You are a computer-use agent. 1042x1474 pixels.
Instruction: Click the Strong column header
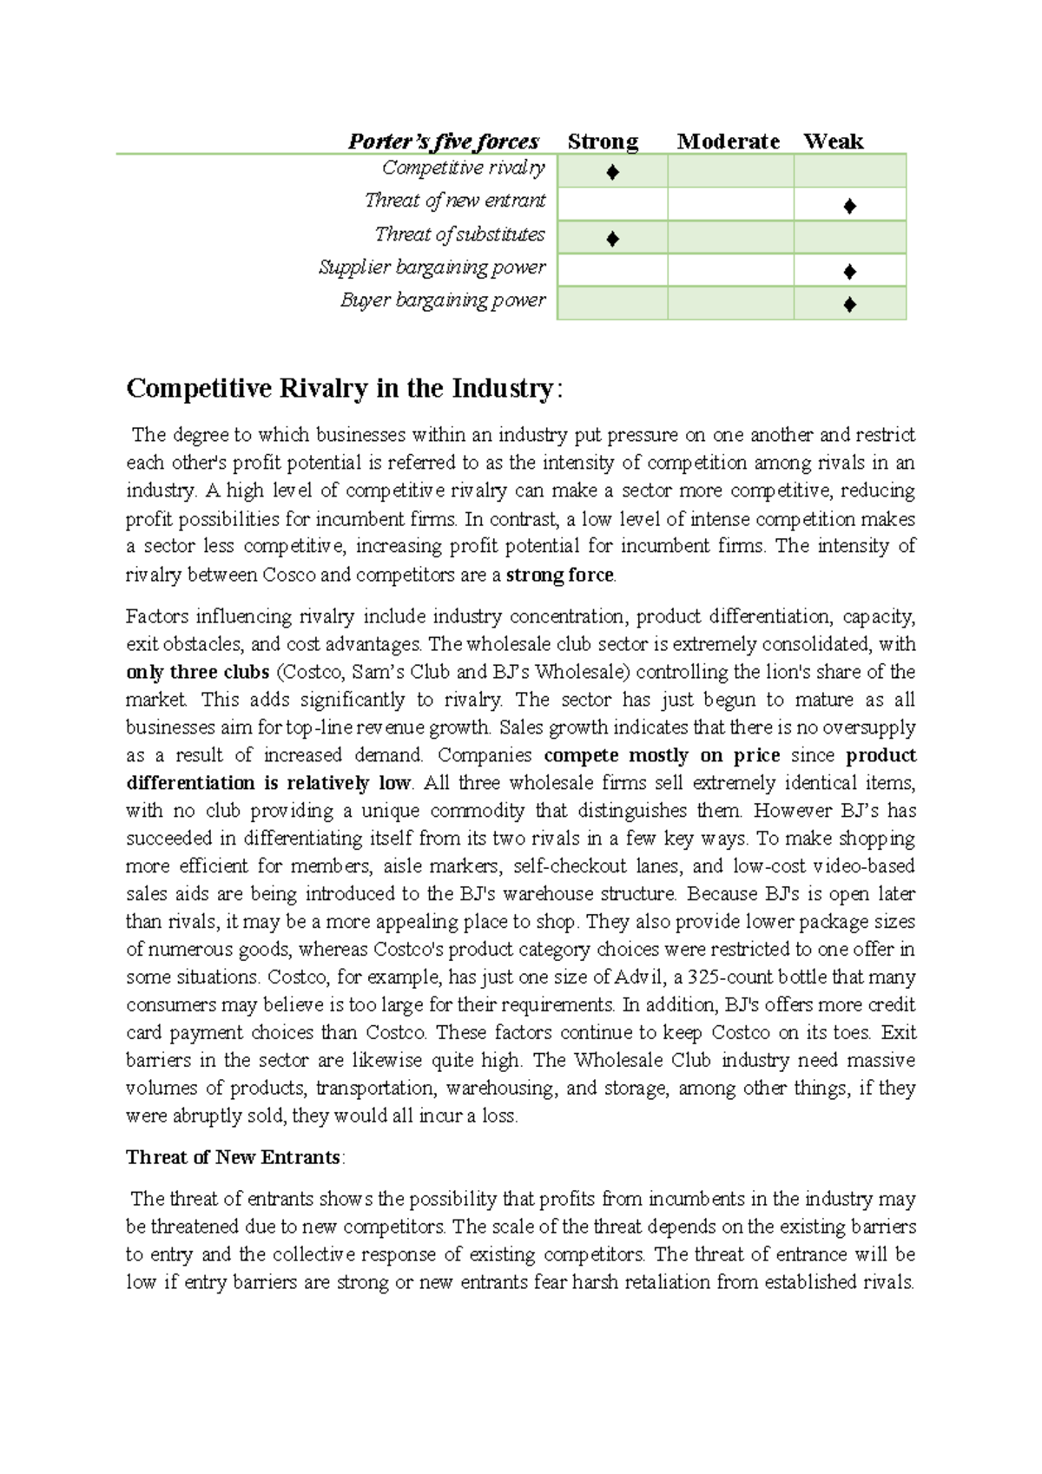(x=603, y=141)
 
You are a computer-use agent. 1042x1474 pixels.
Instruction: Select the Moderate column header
(x=728, y=141)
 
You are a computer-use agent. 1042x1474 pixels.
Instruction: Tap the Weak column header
(x=833, y=141)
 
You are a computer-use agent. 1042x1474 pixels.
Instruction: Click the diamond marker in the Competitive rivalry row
(x=612, y=172)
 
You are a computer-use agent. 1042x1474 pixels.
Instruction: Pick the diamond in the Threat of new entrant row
(x=849, y=206)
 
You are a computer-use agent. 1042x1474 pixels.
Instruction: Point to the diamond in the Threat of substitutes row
(x=612, y=239)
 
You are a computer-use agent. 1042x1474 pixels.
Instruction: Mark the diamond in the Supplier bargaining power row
(x=849, y=272)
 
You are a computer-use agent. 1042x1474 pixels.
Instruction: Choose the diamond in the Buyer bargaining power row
(x=849, y=305)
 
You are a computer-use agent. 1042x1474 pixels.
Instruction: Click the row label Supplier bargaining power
(x=432, y=267)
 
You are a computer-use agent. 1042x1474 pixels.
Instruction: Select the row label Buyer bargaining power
(x=443, y=300)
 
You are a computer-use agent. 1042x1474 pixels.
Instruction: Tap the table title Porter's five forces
(x=443, y=141)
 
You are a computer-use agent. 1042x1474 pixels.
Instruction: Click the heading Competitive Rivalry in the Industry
(x=340, y=388)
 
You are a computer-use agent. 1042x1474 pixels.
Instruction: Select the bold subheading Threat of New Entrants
(x=233, y=1157)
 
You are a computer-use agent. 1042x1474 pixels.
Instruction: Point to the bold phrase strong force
(x=559, y=575)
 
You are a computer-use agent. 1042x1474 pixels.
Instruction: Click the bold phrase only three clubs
(x=197, y=672)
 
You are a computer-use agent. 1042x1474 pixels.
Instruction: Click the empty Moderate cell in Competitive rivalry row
(x=730, y=171)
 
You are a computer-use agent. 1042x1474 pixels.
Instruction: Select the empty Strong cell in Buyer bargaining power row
(x=612, y=304)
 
